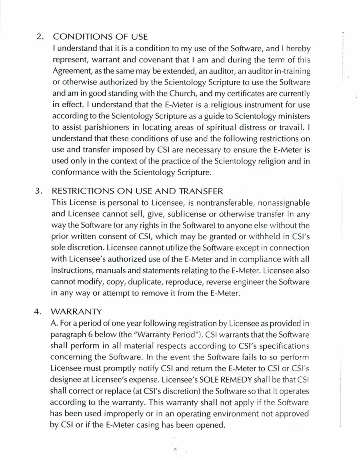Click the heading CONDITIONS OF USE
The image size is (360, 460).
click(100, 37)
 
